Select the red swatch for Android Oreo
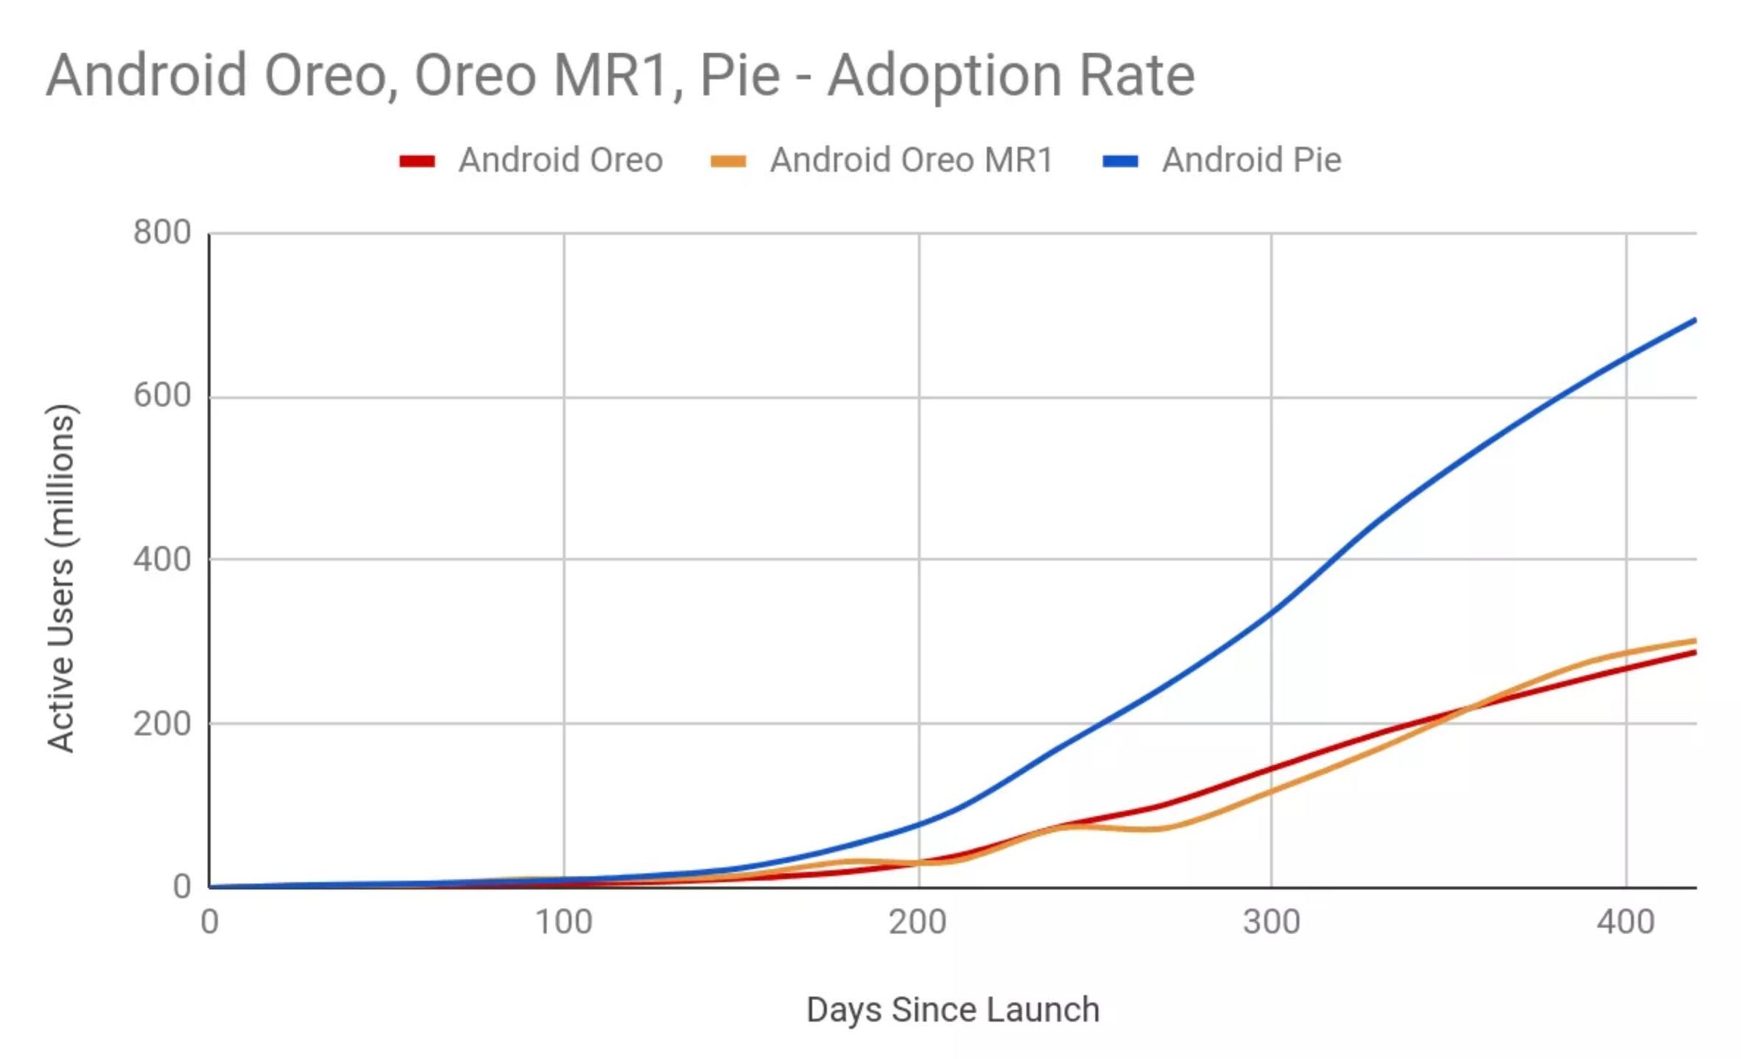[417, 161]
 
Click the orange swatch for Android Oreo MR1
[728, 161]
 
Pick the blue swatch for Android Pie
[1120, 161]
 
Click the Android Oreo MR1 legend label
[911, 160]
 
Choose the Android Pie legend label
[1252, 160]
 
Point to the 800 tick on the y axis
[162, 233]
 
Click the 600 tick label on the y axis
[162, 396]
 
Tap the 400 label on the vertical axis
[162, 560]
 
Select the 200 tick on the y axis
[162, 724]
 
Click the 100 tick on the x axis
[563, 922]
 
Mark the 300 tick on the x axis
[1271, 922]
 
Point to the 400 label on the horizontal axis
[1626, 922]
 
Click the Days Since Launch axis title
[953, 1010]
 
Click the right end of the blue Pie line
[1693, 321]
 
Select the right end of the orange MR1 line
[1693, 641]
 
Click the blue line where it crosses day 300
[1271, 611]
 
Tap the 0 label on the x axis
[210, 922]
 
